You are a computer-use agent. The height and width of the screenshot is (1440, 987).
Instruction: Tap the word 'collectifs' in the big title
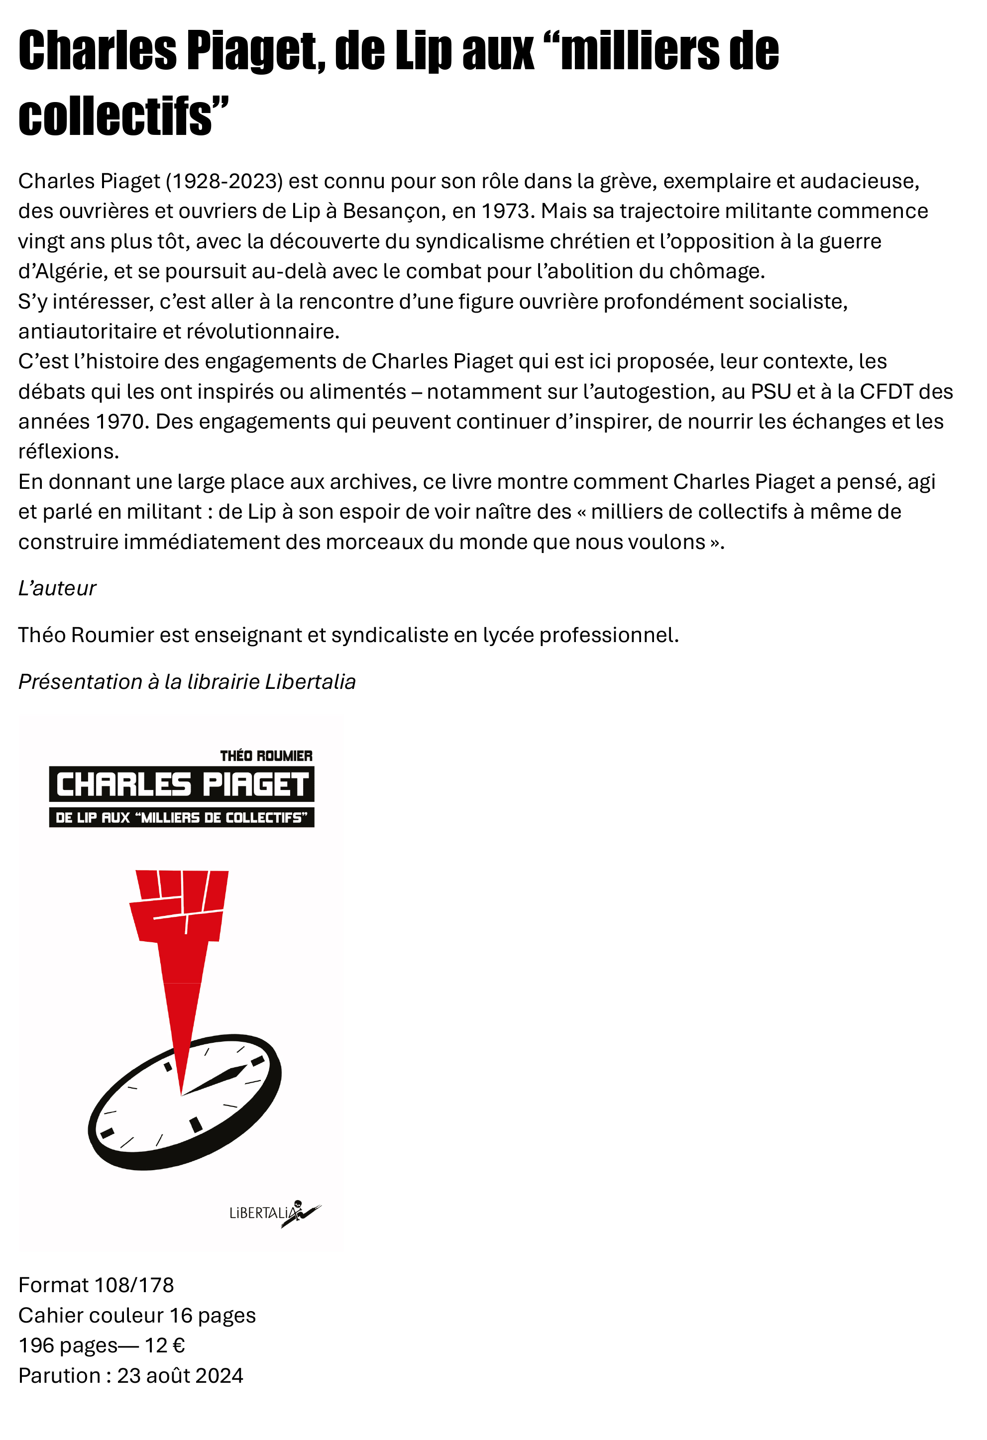coord(115,116)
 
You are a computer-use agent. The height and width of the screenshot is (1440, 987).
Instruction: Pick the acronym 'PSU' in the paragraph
coord(771,392)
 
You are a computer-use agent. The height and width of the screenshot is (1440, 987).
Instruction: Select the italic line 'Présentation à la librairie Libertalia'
coord(187,681)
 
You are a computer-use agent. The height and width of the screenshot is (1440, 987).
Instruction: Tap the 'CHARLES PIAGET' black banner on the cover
coord(182,784)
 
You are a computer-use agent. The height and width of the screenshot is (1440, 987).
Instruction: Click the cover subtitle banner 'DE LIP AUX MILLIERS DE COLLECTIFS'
coord(182,818)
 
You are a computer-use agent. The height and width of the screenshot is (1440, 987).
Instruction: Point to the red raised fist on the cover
coord(179,908)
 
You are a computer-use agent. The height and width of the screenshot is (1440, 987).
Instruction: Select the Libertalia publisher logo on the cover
coord(274,1213)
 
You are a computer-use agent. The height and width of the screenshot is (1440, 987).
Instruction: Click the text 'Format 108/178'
coord(96,1285)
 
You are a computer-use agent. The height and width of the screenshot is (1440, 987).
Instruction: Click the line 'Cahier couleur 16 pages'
coord(137,1316)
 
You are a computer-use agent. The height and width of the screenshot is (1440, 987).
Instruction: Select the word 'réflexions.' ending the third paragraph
coord(68,451)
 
